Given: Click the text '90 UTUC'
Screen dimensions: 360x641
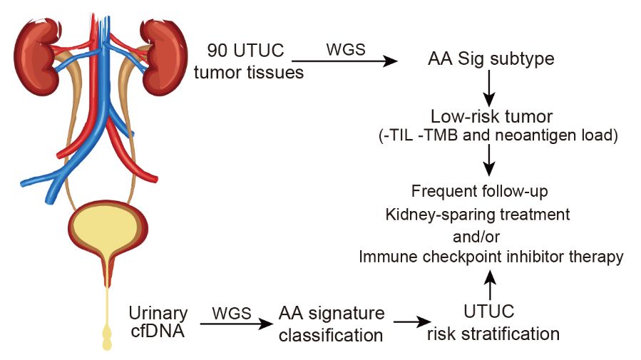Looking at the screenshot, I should point(246,51).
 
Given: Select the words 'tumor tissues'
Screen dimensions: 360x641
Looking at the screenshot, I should point(249,72).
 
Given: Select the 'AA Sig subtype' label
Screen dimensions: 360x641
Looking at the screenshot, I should point(491,58).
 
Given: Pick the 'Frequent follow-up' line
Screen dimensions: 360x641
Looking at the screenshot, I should point(490,191).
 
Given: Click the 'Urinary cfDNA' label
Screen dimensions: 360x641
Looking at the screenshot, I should point(158,323).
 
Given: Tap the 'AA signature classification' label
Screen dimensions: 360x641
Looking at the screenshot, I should point(331,323).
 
